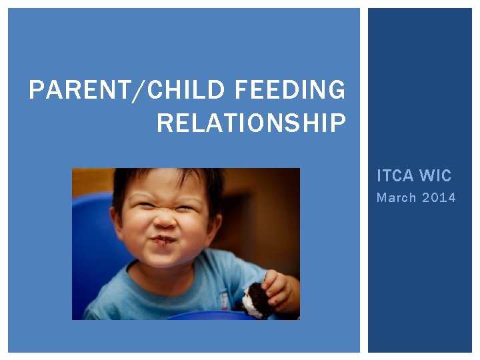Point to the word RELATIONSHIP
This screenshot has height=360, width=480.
(251, 123)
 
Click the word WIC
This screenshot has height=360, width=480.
(435, 176)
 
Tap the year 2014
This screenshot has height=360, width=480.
(440, 197)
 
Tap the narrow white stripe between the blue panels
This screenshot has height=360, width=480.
(364, 180)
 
